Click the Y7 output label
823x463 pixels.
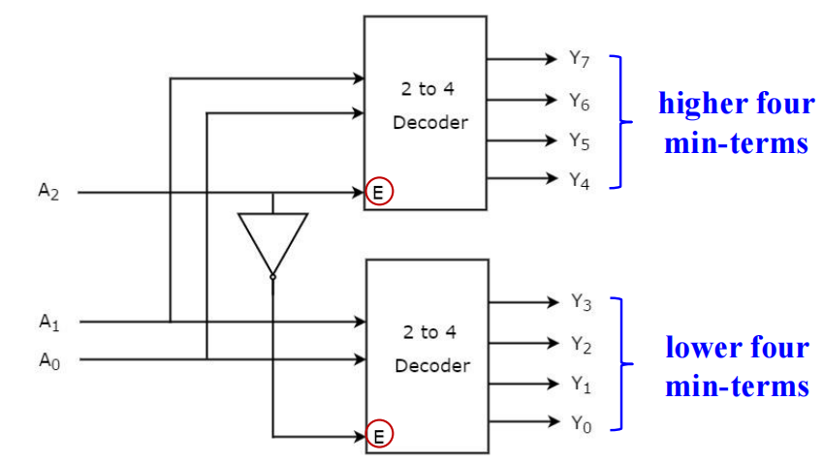click(580, 59)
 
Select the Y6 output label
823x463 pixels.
click(580, 100)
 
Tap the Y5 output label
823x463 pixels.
click(580, 140)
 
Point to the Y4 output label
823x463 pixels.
click(580, 180)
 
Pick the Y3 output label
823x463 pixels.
click(580, 302)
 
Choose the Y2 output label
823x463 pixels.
click(580, 343)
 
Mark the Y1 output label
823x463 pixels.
click(580, 384)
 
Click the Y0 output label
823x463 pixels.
click(580, 423)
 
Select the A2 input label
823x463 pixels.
click(48, 192)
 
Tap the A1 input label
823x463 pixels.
click(48, 321)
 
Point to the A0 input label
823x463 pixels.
click(48, 360)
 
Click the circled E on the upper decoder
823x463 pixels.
click(379, 192)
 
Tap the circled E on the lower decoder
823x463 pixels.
click(379, 436)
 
